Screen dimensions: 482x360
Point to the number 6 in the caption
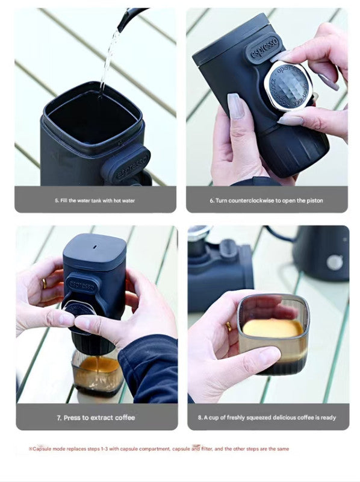tap(211, 199)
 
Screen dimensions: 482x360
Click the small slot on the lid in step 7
tap(94, 246)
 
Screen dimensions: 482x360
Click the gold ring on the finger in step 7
tap(43, 283)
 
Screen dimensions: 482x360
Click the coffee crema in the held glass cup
tap(272, 328)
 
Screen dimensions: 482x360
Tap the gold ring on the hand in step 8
tap(229, 327)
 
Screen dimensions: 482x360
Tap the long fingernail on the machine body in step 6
tap(236, 106)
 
